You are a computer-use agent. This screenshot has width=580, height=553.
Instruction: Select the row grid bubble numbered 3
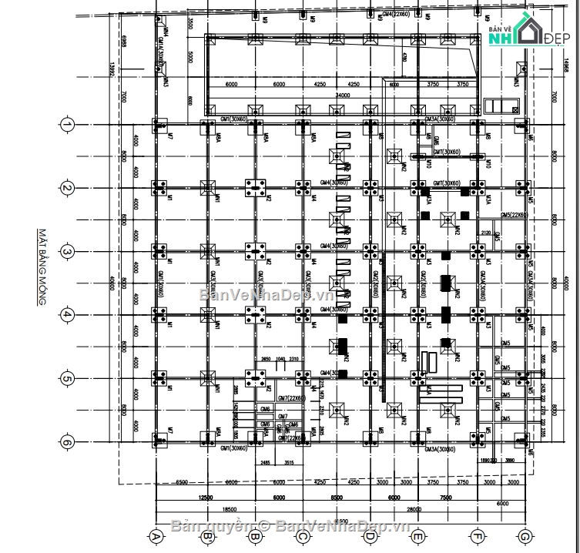[x=67, y=252]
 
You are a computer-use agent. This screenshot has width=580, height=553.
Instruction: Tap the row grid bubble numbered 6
[x=67, y=442]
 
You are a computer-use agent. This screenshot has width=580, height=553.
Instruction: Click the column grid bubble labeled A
[x=156, y=536]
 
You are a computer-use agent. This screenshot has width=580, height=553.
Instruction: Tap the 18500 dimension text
[x=229, y=510]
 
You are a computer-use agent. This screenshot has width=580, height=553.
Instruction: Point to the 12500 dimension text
[x=206, y=498]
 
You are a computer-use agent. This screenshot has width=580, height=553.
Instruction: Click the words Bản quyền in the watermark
[x=208, y=527]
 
